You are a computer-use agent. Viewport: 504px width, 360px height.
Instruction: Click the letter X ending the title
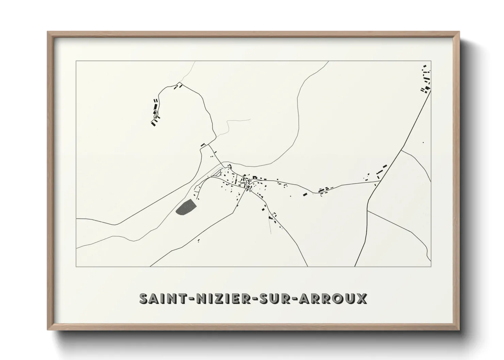click(x=362, y=298)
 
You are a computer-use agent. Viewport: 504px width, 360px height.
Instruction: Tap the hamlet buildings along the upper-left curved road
click(x=155, y=112)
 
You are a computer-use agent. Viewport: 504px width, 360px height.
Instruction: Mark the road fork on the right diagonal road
click(x=403, y=149)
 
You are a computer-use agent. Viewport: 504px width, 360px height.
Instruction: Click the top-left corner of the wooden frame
click(x=48, y=32)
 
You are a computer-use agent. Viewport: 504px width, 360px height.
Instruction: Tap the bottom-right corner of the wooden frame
click(x=459, y=330)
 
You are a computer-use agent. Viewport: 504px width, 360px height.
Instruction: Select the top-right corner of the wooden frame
click(x=459, y=32)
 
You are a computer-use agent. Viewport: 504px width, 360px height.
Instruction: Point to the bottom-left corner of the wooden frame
click(x=48, y=330)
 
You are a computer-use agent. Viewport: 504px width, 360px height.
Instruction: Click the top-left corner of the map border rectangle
click(x=76, y=61)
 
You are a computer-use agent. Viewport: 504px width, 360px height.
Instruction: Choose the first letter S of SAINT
click(x=144, y=298)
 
